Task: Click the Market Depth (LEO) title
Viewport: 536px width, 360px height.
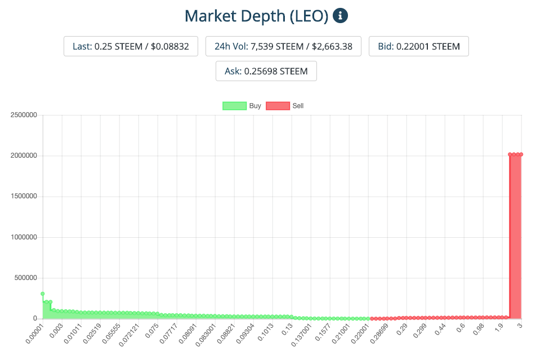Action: click(x=256, y=16)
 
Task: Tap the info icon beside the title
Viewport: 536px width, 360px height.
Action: click(x=341, y=15)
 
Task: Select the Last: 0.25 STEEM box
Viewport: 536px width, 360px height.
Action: click(x=131, y=46)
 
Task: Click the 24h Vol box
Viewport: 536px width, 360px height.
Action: click(x=283, y=46)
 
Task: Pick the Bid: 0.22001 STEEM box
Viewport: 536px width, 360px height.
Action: click(x=418, y=46)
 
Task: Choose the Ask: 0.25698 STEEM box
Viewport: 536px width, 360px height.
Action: click(x=266, y=71)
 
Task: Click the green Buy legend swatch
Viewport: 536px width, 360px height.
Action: click(x=234, y=105)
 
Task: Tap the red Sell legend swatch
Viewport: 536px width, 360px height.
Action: click(x=278, y=105)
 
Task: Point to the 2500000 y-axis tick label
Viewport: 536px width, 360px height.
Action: click(x=24, y=115)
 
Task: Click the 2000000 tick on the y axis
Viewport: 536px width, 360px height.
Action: click(x=24, y=155)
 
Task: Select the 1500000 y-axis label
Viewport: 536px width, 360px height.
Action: click(x=24, y=196)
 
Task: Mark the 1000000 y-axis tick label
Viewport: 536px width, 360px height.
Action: click(x=24, y=237)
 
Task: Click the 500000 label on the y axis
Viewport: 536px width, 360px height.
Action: click(x=25, y=278)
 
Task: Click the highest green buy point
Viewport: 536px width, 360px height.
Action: click(x=43, y=294)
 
